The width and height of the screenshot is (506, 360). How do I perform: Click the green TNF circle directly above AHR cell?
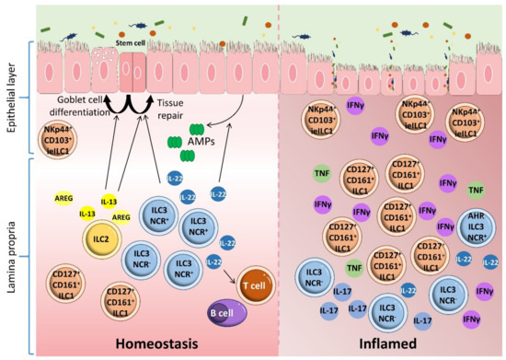[x=476, y=191]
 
